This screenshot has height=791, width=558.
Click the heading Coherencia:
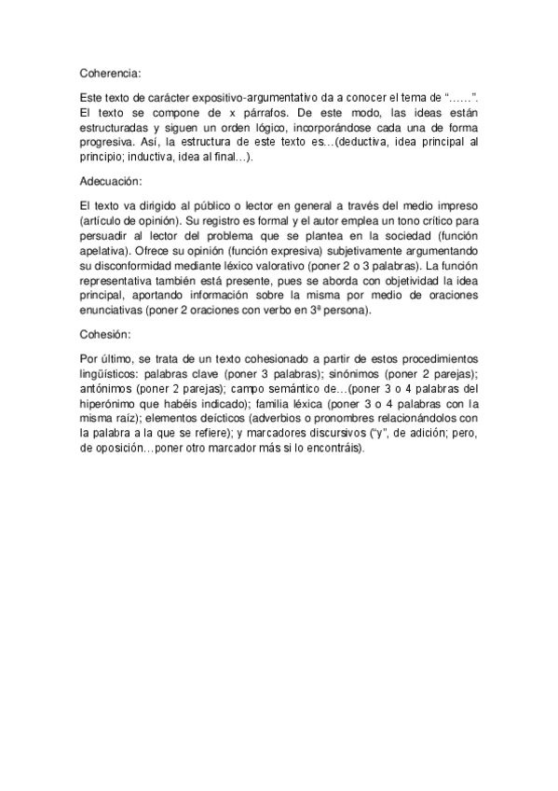click(x=110, y=70)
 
